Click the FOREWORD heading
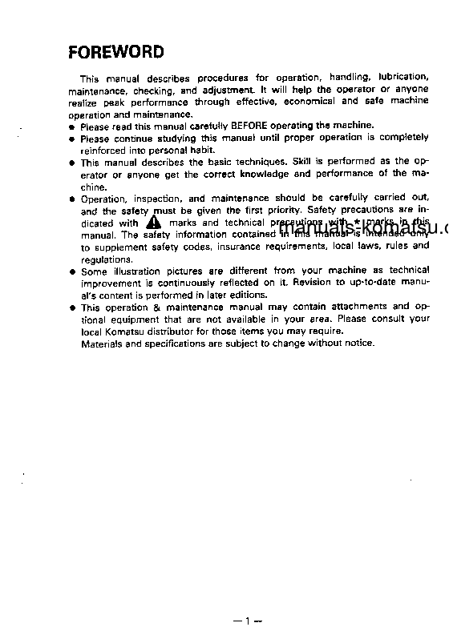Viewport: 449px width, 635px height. pyautogui.click(x=115, y=53)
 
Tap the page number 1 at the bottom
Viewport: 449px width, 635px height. pyautogui.click(x=249, y=621)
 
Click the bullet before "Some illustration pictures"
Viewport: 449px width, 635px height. pyautogui.click(x=72, y=271)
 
